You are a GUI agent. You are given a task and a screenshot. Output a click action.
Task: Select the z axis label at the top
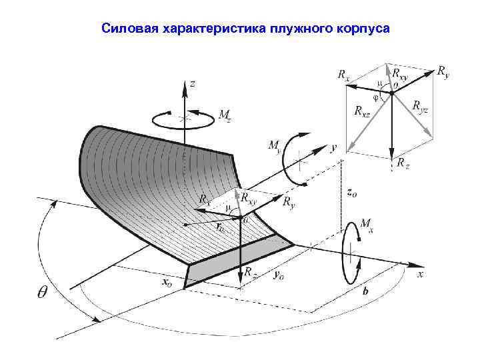click(193, 83)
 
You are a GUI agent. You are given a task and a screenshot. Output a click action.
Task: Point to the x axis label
click(421, 273)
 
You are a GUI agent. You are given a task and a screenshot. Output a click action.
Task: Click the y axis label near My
click(333, 145)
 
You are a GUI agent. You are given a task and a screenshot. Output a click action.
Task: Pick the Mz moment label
click(225, 114)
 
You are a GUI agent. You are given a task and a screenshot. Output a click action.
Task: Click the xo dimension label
click(167, 281)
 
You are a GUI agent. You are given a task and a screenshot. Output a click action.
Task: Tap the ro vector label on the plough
click(219, 227)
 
